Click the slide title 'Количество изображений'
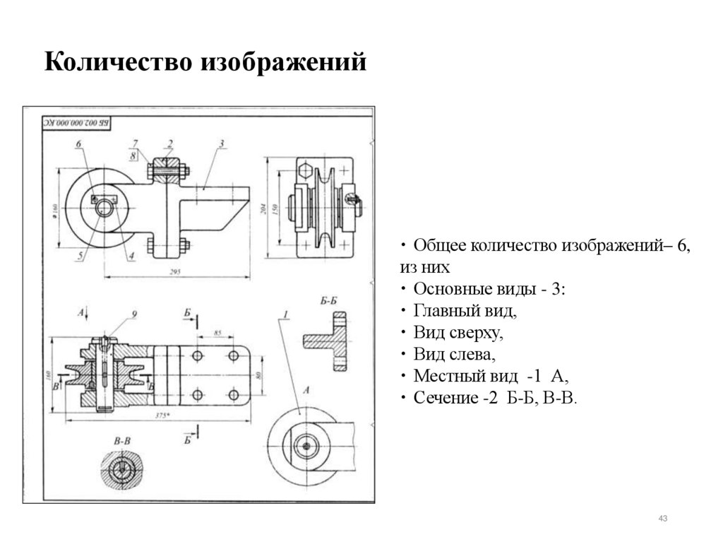(205, 62)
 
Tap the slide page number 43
(662, 520)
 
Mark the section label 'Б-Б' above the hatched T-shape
(328, 301)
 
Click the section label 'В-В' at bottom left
(122, 440)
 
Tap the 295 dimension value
(177, 270)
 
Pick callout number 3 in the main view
(221, 143)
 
